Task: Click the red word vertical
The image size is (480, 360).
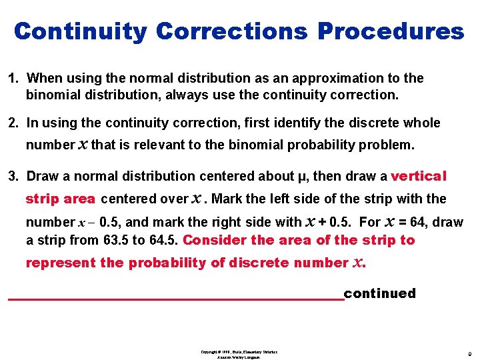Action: (419, 176)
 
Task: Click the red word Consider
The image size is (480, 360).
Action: (213, 240)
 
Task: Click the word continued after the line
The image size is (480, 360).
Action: (379, 293)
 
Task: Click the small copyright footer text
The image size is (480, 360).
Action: (238, 354)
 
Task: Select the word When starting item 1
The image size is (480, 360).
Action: (45, 79)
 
